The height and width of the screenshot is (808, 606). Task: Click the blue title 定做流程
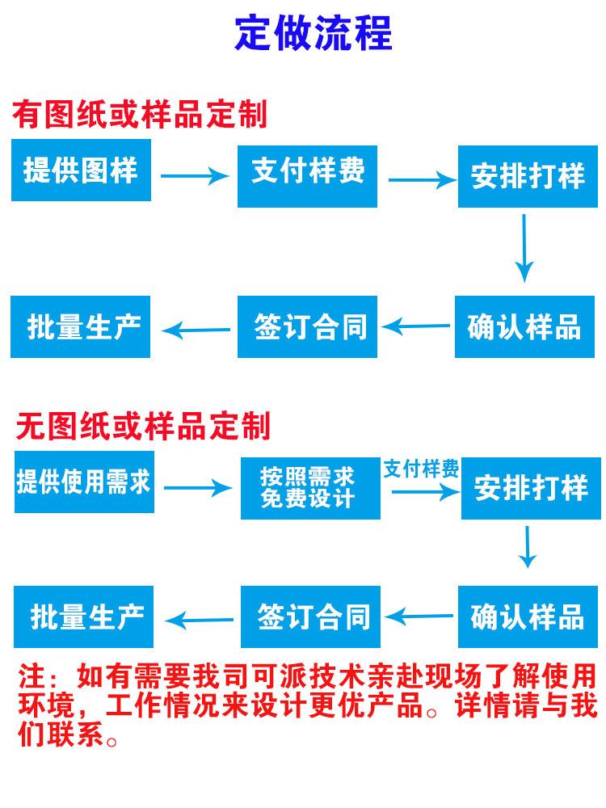tap(313, 34)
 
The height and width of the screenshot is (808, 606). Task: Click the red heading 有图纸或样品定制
tap(139, 115)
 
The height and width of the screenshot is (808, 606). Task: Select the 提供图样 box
tap(81, 170)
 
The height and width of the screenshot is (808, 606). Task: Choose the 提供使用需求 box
tap(84, 482)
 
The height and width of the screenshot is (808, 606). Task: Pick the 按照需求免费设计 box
tap(310, 487)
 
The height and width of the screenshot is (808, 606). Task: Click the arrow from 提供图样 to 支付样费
tap(194, 175)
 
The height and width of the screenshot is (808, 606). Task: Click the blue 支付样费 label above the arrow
tap(420, 469)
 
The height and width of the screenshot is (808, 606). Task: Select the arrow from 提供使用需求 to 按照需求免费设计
tap(196, 487)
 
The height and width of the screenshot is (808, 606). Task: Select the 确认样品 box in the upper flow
tap(524, 327)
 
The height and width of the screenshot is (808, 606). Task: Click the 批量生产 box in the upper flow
tap(81, 327)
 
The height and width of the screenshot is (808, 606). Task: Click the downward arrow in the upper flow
tap(525, 247)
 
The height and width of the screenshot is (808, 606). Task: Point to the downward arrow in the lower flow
tap(527, 547)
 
